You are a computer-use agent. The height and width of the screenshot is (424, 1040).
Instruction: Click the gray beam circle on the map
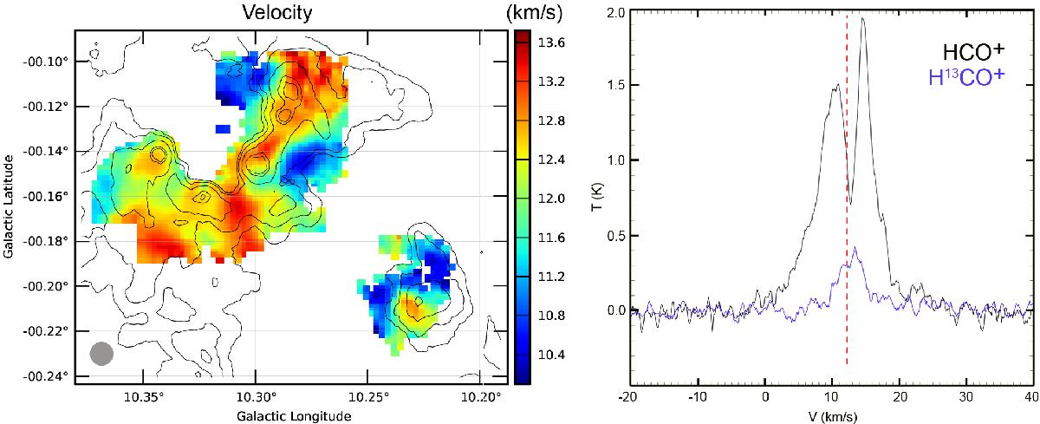[x=101, y=354]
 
